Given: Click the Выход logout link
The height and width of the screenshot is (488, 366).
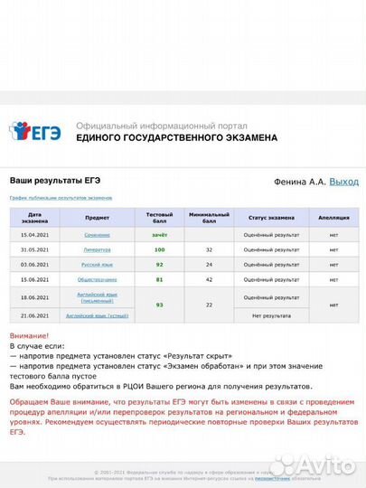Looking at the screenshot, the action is pos(343,182).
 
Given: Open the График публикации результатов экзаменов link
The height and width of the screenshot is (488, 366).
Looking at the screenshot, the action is pos(61,197).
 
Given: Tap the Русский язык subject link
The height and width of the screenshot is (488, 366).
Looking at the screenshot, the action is pos(98,265).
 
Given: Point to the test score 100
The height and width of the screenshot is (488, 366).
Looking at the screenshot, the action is pos(159,249).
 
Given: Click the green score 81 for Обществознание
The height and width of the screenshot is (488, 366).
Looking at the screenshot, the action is pos(159,280).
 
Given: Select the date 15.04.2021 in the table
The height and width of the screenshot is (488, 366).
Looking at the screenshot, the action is pos(34,234).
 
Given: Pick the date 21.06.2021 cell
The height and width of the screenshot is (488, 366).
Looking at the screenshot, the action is pos(34,315).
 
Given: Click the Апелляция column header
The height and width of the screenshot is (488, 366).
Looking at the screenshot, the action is pos(333,218).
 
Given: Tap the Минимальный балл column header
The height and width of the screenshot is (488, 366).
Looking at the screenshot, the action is pos(209,218).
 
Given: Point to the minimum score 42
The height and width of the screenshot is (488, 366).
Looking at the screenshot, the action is pos(209,280).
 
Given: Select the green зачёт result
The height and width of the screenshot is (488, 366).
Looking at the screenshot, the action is pos(159,234).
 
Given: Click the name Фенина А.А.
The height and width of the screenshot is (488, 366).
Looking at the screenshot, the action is pos(298,182).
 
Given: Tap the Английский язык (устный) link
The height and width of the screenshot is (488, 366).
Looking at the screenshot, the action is pos(98,315).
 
